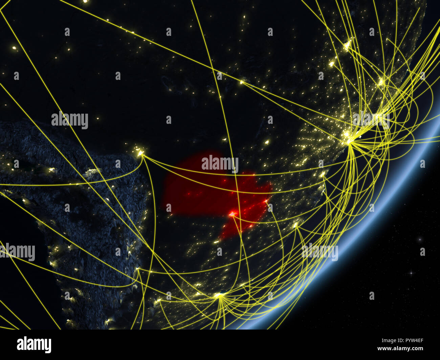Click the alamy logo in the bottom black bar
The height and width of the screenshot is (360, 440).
point(34,344)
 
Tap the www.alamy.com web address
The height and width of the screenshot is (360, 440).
point(402,348)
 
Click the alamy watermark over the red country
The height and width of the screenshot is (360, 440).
point(220,164)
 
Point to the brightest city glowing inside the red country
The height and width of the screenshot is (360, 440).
point(232,214)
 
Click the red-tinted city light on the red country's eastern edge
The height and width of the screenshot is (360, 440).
point(266,202)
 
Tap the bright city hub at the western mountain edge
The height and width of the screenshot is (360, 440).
point(140,154)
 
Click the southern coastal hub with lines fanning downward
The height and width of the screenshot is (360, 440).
point(219,296)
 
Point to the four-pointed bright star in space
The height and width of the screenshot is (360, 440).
point(411,273)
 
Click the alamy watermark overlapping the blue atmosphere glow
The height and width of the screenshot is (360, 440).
point(320,252)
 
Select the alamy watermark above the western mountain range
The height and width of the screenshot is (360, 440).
point(70,120)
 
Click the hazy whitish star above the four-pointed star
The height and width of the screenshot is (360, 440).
point(420,240)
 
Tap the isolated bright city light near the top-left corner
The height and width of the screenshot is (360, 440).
point(14,48)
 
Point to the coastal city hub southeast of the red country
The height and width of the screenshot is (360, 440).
point(296,225)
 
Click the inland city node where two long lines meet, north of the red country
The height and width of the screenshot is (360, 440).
point(242,82)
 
